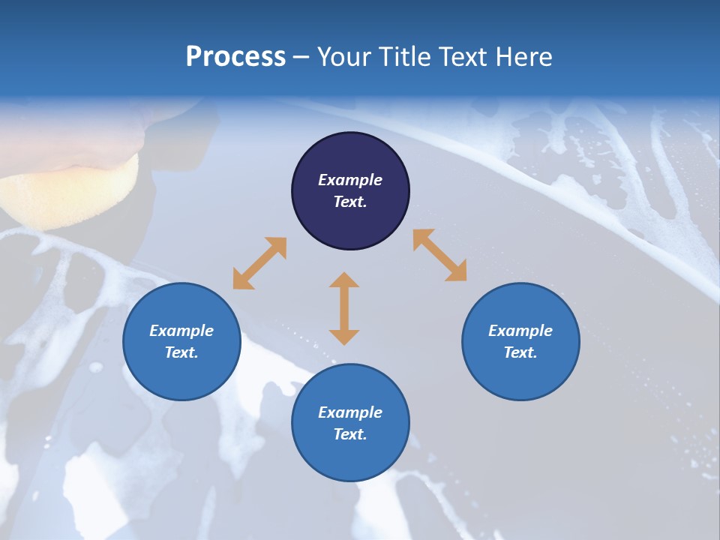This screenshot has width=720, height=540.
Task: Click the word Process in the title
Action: click(235, 57)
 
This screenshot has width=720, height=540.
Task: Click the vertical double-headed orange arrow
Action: click(344, 308)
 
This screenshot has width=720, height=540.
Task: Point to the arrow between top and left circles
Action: click(259, 263)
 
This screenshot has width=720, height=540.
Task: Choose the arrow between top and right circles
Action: click(439, 255)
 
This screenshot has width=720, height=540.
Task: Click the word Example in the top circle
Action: click(350, 180)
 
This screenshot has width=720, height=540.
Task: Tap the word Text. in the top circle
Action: click(350, 202)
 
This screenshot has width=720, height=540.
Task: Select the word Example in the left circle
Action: click(181, 331)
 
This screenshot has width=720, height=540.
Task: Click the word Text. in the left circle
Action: click(181, 352)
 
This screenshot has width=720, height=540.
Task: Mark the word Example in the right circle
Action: click(520, 331)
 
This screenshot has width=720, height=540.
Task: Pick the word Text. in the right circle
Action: click(520, 352)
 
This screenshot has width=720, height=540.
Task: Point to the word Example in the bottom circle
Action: click(350, 412)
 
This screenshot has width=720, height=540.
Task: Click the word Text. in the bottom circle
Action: click(350, 434)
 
